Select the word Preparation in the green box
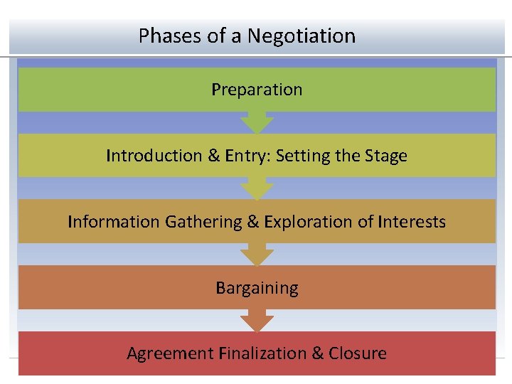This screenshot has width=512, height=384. [257, 90]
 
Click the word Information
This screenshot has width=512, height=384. [114, 222]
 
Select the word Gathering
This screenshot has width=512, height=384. [203, 222]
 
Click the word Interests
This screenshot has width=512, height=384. [411, 222]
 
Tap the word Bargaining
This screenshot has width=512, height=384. [257, 288]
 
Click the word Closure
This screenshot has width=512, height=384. [358, 353]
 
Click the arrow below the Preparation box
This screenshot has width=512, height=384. [257, 122]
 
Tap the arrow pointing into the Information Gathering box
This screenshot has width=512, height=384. [257, 188]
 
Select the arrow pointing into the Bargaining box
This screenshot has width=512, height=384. [257, 254]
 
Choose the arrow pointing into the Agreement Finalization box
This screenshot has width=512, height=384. [257, 320]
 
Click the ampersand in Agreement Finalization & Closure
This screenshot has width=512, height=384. [316, 353]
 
